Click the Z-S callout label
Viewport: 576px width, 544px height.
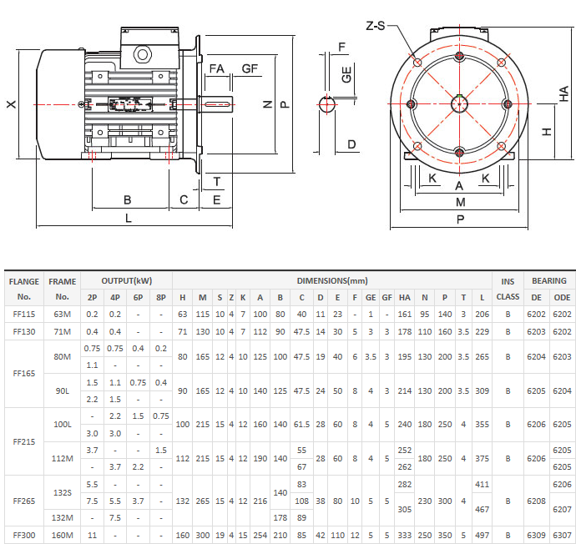click(376, 26)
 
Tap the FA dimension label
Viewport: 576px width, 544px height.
click(217, 68)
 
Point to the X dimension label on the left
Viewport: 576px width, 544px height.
click(12, 104)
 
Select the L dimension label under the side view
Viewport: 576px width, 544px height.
click(129, 219)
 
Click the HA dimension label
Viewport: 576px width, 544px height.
click(563, 94)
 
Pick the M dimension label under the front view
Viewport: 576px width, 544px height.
click(460, 202)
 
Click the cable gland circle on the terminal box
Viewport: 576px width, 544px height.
click(143, 55)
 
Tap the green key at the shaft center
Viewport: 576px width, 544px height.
click(459, 96)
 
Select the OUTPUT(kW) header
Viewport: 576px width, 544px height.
click(127, 281)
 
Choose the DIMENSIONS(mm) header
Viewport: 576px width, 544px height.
click(332, 281)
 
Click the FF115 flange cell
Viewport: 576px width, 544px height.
click(24, 315)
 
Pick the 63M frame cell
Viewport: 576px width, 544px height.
click(62, 315)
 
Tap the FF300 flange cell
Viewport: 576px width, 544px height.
click(24, 535)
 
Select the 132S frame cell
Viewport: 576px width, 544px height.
click(62, 492)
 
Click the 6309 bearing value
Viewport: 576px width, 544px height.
click(536, 535)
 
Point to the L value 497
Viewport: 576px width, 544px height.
click(482, 535)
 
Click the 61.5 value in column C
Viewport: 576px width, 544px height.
click(301, 425)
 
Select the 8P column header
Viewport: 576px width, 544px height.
click(161, 297)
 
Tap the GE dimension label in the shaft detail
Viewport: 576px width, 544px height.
click(346, 74)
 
